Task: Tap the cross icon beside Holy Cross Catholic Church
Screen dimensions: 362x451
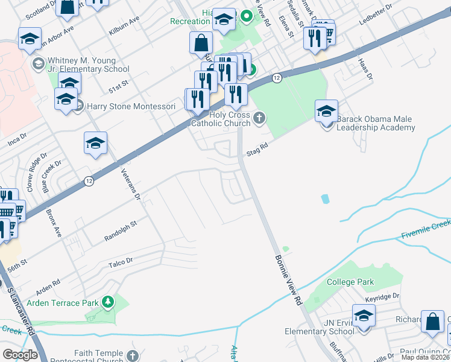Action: coord(259,118)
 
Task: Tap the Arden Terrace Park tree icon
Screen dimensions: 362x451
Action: coord(108,301)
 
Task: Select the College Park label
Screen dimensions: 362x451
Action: coord(350,282)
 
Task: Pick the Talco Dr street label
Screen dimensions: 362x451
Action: coord(120,261)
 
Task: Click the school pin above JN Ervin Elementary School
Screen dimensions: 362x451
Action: coord(364,316)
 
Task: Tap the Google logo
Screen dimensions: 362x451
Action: coord(20,354)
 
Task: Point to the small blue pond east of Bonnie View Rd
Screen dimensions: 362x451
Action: coord(326,198)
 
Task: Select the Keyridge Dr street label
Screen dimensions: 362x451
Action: coord(382,296)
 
